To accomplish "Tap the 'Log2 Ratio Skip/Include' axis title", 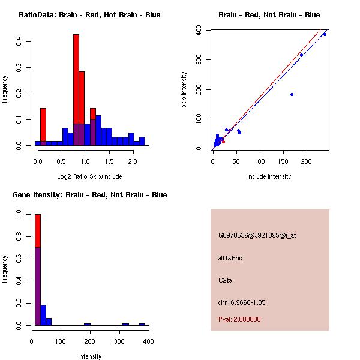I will [x=89, y=176].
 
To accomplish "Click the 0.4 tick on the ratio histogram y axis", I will [x=19, y=41].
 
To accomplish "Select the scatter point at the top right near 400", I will [x=325, y=34].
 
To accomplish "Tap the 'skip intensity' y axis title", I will [x=184, y=90].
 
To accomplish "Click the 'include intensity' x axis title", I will [x=269, y=176].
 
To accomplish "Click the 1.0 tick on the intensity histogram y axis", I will [x=19, y=213].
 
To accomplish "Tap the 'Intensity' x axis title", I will [x=90, y=356].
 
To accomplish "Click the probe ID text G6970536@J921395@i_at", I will [x=257, y=235].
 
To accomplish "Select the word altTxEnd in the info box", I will [x=230, y=258].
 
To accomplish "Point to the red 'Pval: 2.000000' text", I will [x=239, y=319].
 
